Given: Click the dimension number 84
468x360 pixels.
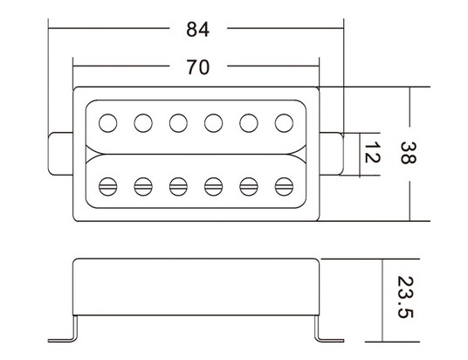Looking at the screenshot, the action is (198, 30).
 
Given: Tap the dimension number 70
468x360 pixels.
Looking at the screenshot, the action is (198, 67).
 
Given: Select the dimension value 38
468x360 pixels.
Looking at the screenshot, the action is (408, 153).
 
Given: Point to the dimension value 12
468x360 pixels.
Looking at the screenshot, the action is (373, 152).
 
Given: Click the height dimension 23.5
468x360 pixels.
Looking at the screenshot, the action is (405, 297).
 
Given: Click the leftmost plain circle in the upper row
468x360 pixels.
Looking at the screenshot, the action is (107, 123).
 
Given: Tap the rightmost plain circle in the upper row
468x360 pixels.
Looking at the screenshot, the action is (284, 123).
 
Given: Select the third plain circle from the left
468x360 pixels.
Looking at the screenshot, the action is (178, 123).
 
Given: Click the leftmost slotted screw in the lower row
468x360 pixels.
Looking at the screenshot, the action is (107, 187).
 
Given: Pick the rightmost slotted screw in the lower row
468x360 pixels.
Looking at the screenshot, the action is (284, 187).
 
